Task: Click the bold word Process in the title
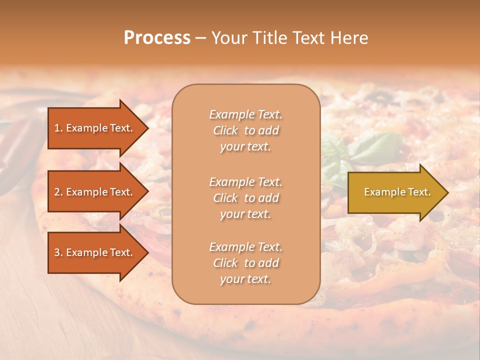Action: [157, 38]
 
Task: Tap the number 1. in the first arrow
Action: [58, 128]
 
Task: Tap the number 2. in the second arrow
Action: [58, 192]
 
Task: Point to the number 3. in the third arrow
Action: [58, 252]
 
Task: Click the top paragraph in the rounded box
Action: [245, 130]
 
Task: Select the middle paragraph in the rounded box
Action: [245, 198]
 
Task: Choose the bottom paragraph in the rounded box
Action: [245, 263]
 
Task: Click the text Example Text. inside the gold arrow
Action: [397, 192]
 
